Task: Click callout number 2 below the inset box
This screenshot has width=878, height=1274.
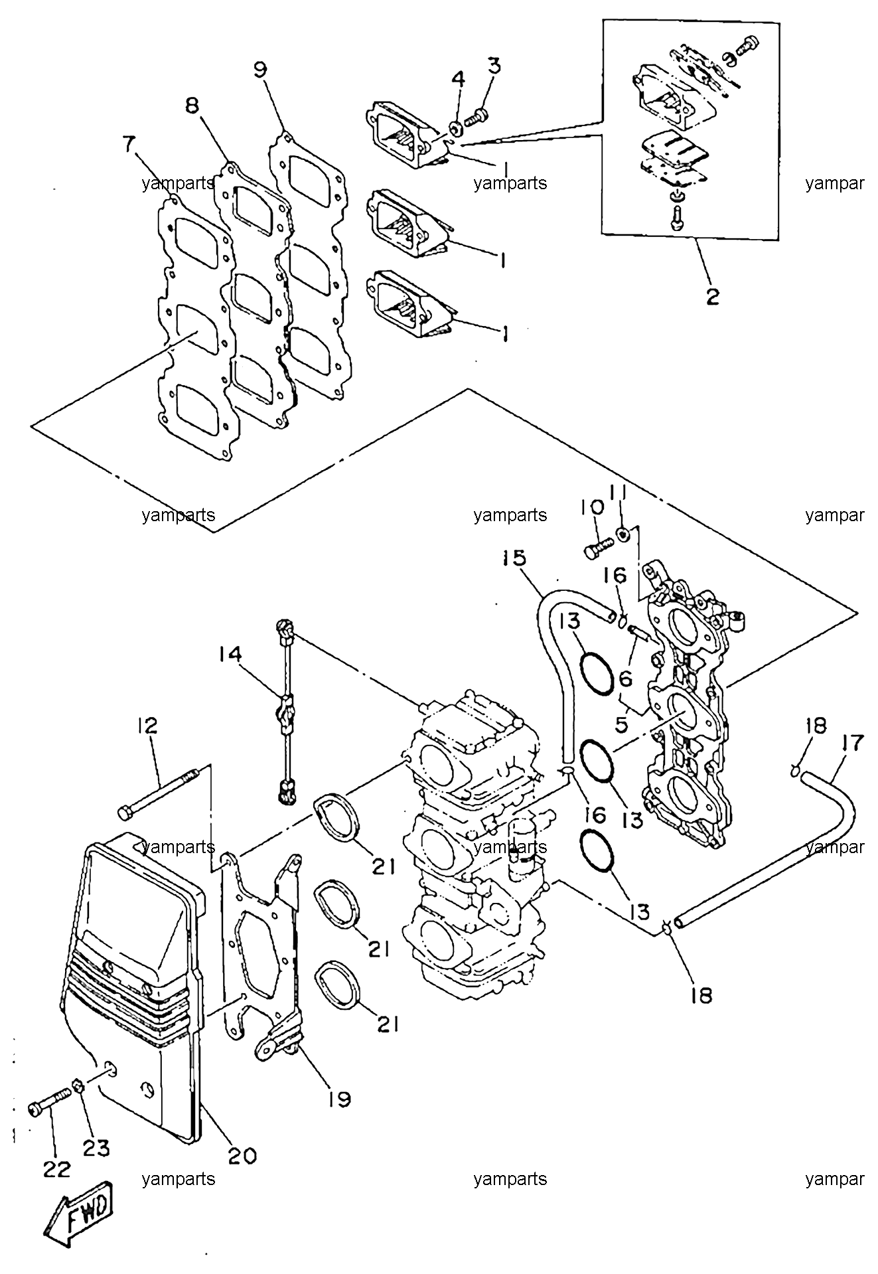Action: click(x=712, y=296)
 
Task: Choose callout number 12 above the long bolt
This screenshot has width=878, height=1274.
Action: click(x=147, y=726)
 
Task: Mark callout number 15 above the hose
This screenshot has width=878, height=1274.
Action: click(x=514, y=558)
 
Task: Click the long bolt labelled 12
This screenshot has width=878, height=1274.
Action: click(x=158, y=791)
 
